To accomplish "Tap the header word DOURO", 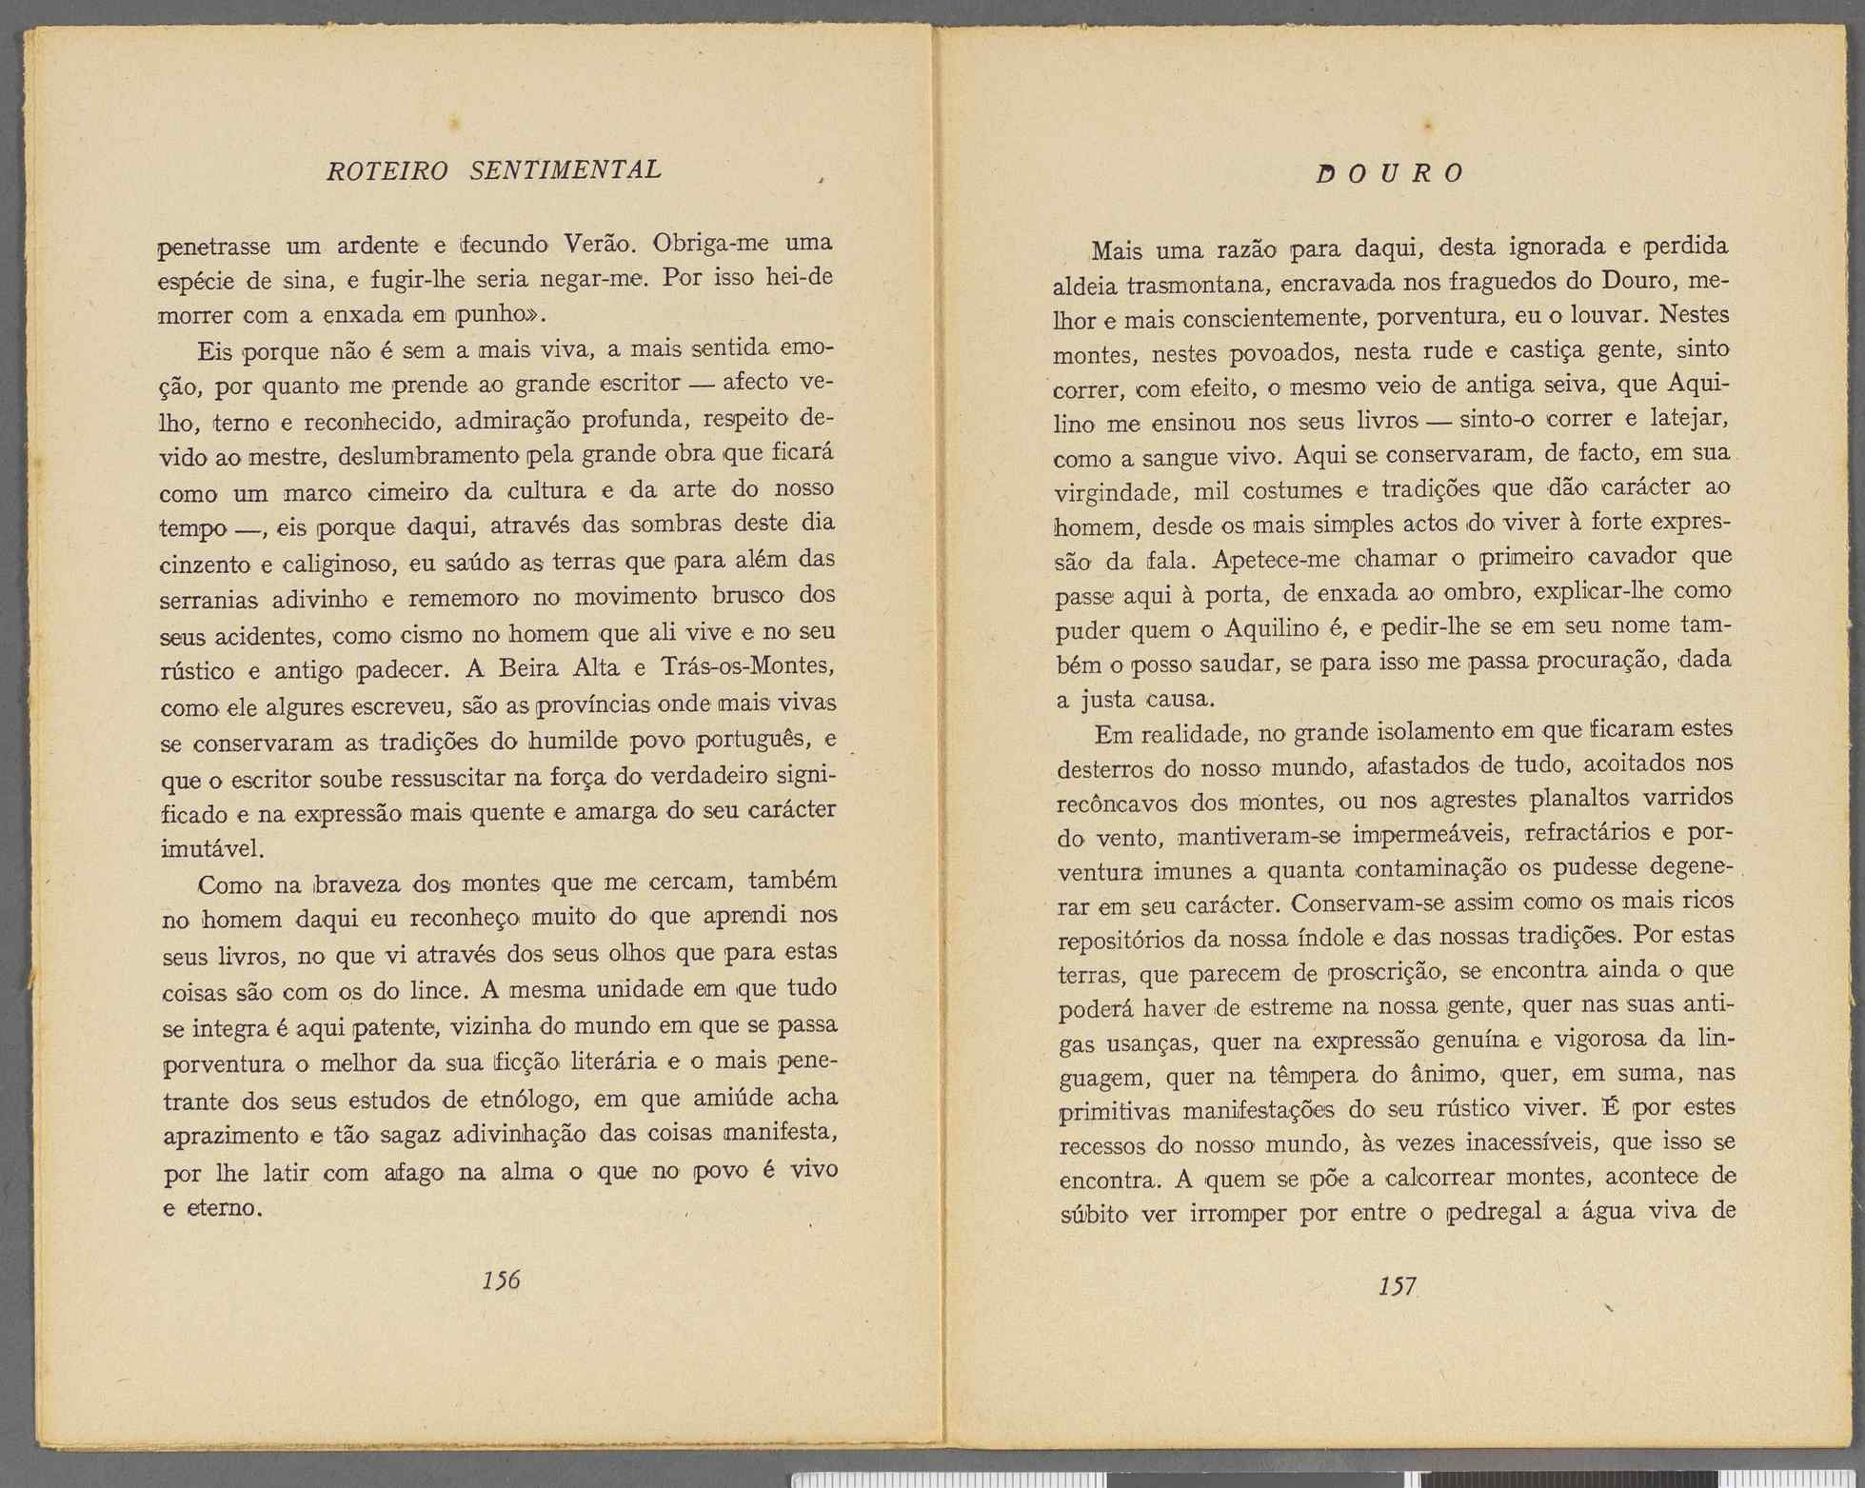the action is point(1390,174).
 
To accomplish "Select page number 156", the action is point(501,1280).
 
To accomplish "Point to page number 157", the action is point(1397,1287).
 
